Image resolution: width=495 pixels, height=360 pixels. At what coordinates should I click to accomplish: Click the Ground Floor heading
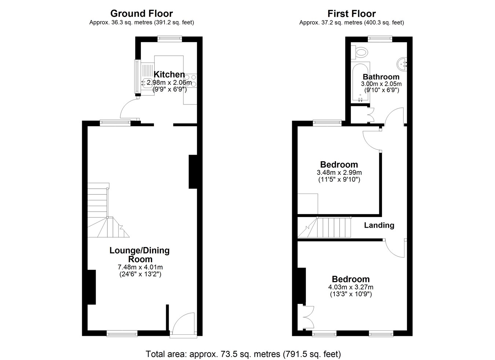tap(142, 14)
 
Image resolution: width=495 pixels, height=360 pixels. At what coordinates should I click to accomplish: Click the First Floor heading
tap(352, 14)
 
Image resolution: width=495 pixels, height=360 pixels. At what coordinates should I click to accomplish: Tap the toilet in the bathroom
tap(360, 52)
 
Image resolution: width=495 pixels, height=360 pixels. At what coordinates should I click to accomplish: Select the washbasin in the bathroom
tap(402, 64)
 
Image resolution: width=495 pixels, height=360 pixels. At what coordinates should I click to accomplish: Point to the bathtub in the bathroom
tap(360, 82)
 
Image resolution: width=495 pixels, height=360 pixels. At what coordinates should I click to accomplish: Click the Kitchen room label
tap(169, 74)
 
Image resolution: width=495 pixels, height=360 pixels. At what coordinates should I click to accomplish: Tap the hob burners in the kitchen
tap(190, 81)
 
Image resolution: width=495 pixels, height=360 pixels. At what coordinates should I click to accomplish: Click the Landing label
tap(379, 225)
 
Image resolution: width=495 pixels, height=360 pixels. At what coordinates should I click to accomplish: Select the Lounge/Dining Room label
tap(139, 254)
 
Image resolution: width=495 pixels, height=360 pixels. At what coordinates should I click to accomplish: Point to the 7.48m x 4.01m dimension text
tap(140, 267)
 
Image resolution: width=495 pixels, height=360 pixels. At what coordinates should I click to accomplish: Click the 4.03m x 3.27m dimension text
tap(351, 287)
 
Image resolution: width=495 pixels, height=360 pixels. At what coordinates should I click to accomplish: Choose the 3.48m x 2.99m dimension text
tap(339, 172)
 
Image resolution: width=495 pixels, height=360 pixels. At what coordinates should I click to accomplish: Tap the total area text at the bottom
tap(243, 354)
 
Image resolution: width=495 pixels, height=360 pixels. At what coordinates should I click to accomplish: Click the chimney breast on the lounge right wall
tap(193, 172)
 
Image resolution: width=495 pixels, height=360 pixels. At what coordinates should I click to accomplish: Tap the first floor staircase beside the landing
tap(324, 227)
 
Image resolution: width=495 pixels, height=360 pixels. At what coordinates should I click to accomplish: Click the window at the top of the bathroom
tap(380, 39)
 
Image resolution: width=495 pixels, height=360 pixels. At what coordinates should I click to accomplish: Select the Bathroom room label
tap(381, 77)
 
